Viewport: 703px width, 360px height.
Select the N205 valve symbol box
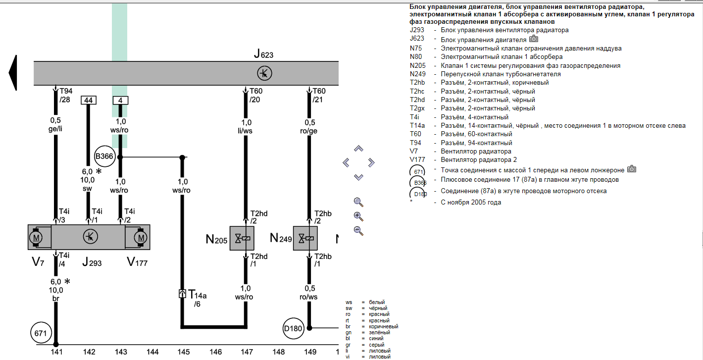pos(242,239)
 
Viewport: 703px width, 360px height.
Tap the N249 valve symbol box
pos(305,239)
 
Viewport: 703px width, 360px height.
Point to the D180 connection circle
pos(293,328)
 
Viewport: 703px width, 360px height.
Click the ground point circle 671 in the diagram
pos(40,333)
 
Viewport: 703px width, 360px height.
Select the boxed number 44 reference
pos(89,101)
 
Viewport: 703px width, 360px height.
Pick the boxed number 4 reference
pos(120,101)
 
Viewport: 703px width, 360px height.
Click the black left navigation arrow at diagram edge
pos(13,73)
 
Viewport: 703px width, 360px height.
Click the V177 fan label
pos(137,262)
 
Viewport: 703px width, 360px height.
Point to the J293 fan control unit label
pos(92,262)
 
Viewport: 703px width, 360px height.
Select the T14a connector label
pos(198,295)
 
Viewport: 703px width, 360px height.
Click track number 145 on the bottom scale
pos(184,352)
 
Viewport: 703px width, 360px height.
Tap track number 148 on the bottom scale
pos(279,352)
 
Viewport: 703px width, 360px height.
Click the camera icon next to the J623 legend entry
pos(533,39)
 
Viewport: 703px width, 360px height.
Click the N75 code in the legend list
pos(415,49)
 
